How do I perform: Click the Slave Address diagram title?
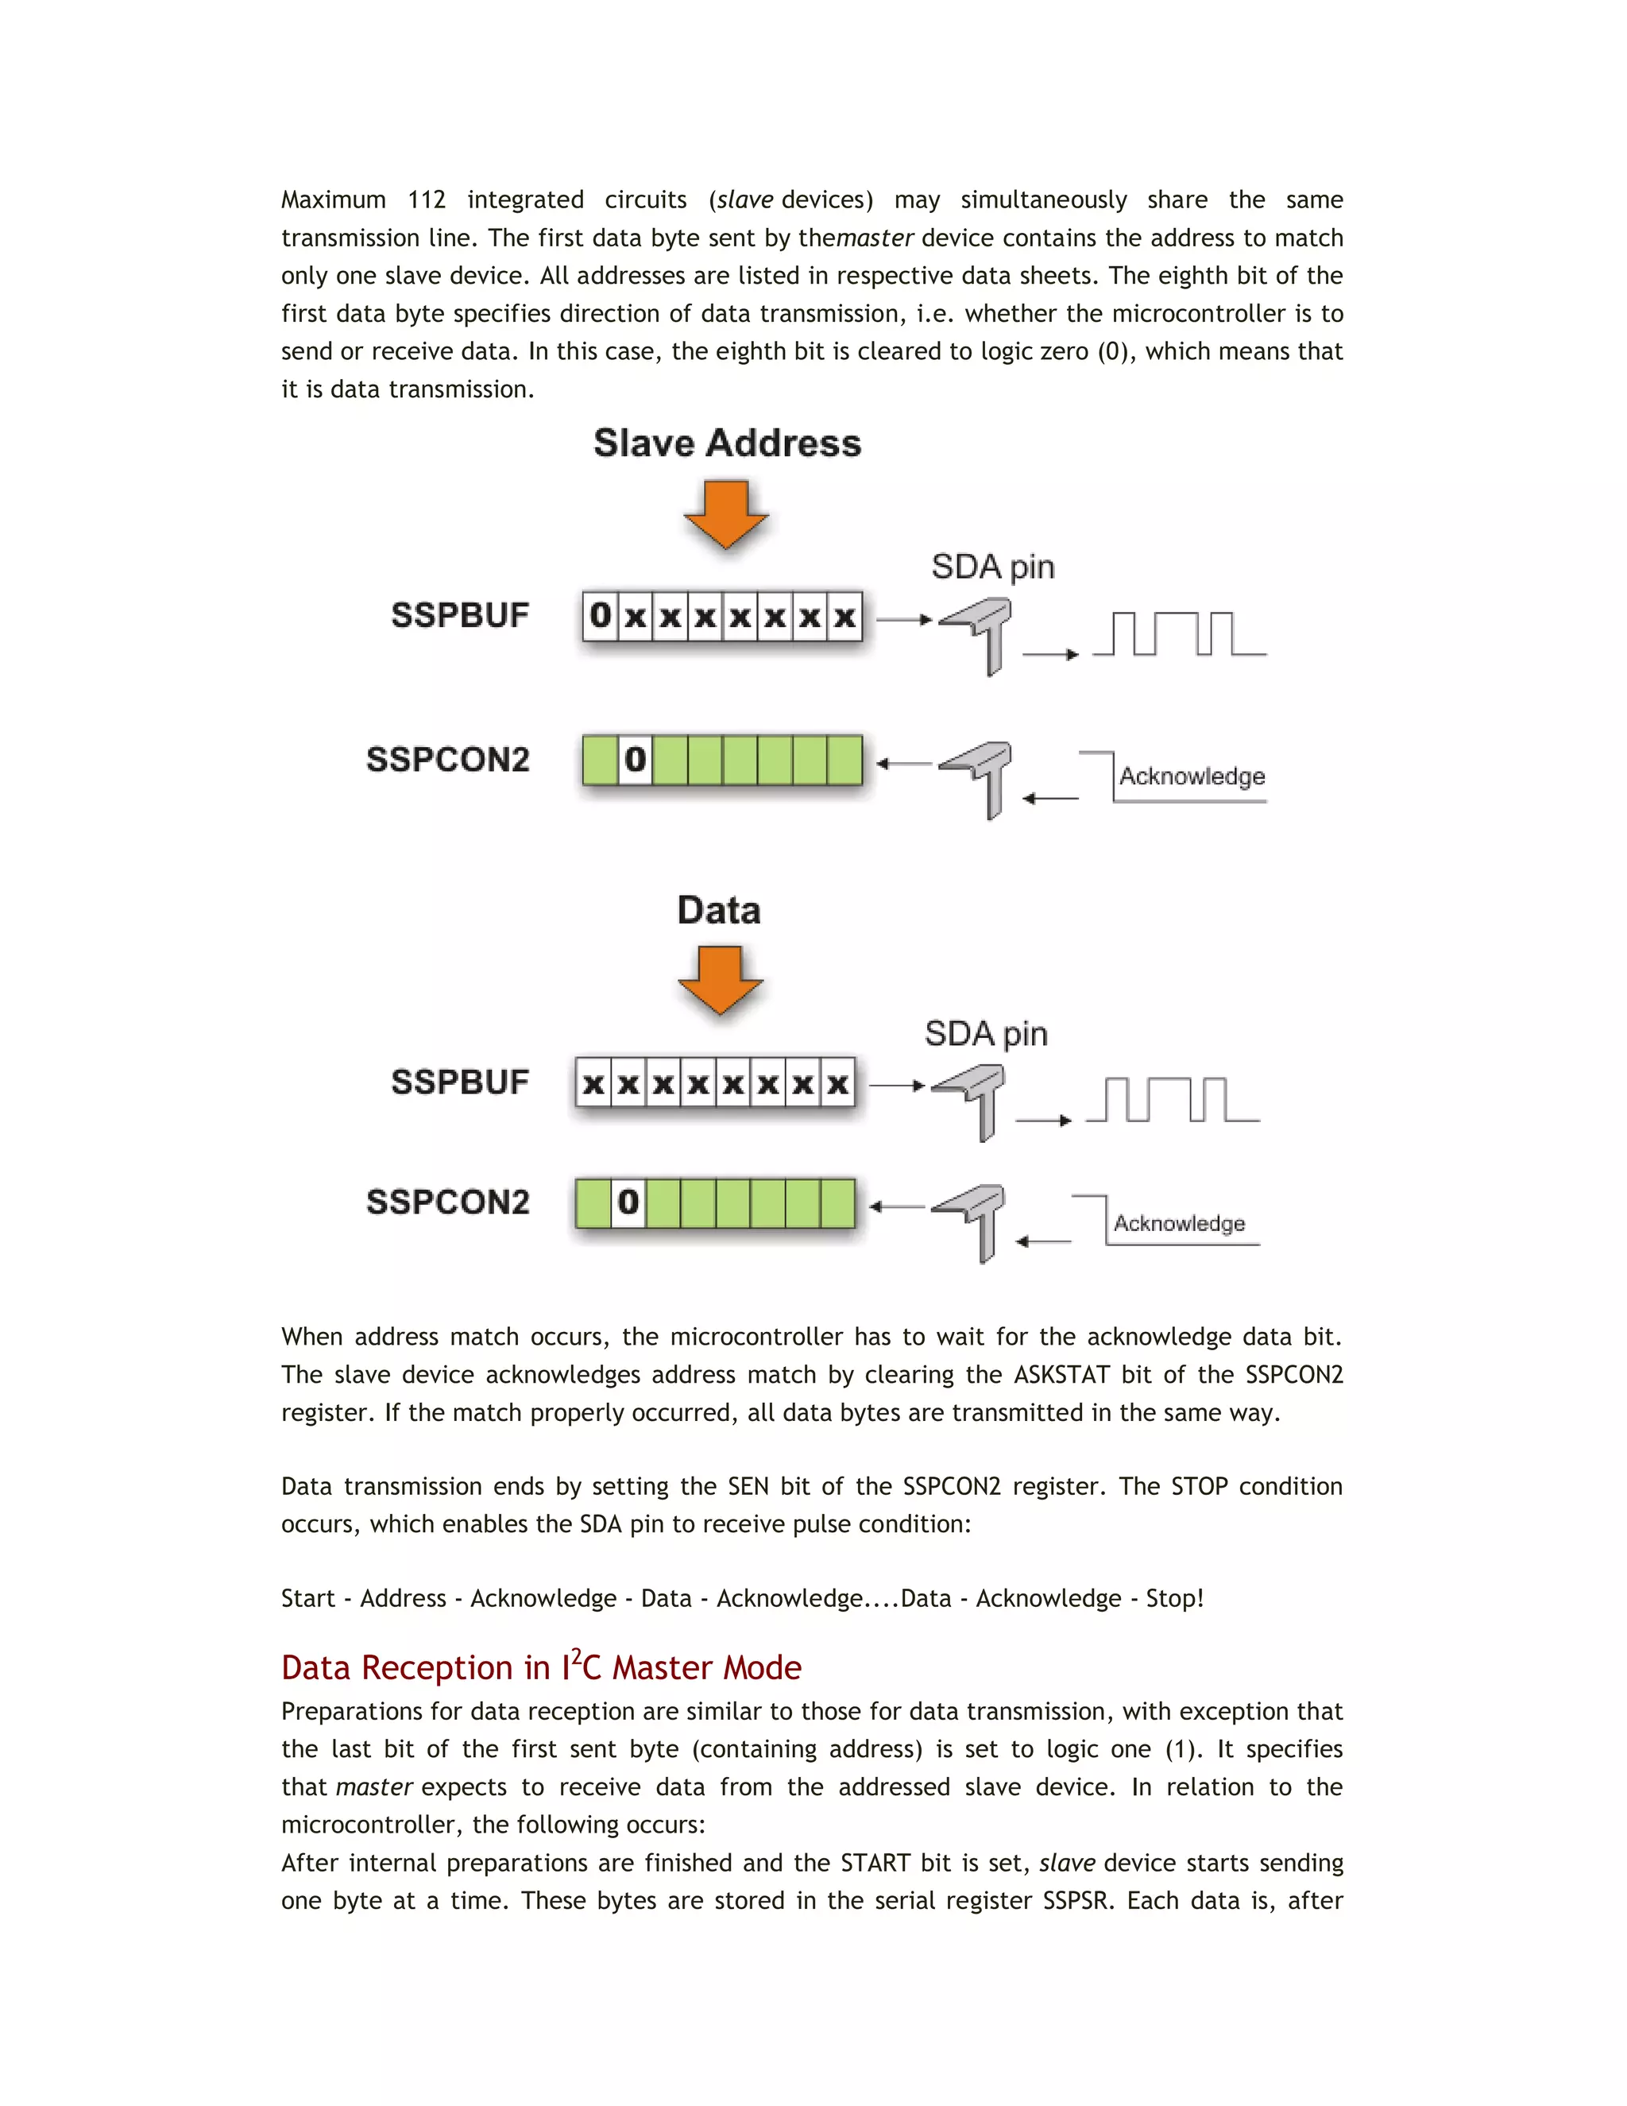[727, 443]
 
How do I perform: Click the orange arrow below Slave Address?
[726, 514]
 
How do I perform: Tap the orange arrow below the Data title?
[720, 979]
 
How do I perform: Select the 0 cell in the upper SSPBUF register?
[601, 615]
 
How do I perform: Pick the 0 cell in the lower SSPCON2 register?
[628, 1202]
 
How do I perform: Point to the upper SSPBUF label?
[460, 615]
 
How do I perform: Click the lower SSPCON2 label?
[447, 1202]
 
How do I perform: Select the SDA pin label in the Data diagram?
[985, 1034]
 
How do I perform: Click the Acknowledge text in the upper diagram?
[1192, 776]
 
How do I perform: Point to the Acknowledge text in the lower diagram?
[1179, 1224]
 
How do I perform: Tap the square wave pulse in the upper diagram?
[1179, 633]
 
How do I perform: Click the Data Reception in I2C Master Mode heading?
[541, 1667]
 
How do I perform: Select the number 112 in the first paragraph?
[426, 199]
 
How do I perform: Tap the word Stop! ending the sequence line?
[1174, 1598]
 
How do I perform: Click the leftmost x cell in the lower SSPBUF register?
[593, 1084]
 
